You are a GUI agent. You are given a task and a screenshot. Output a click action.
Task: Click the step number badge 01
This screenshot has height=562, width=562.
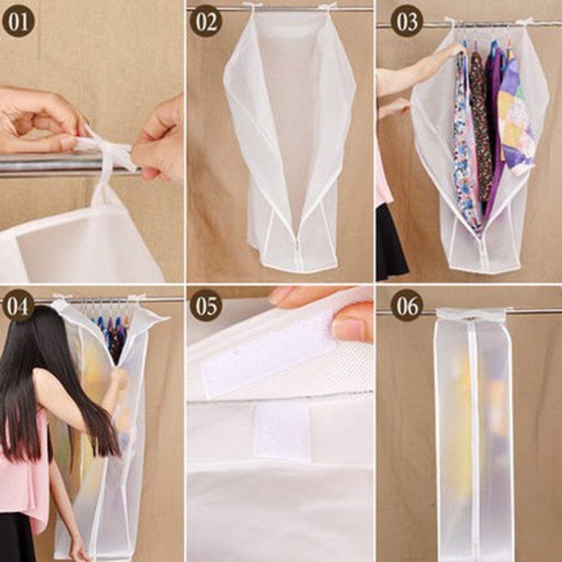[18, 22]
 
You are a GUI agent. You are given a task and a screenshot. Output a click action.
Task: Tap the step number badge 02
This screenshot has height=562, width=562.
[207, 22]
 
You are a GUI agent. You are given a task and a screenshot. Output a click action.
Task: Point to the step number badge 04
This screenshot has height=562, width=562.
[18, 307]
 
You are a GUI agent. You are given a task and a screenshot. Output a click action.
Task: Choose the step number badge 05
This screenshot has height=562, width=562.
[207, 307]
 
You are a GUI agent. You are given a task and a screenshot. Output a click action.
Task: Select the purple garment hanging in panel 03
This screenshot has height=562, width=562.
[495, 126]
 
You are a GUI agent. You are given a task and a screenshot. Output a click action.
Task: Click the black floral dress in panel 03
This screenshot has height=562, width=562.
[481, 133]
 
